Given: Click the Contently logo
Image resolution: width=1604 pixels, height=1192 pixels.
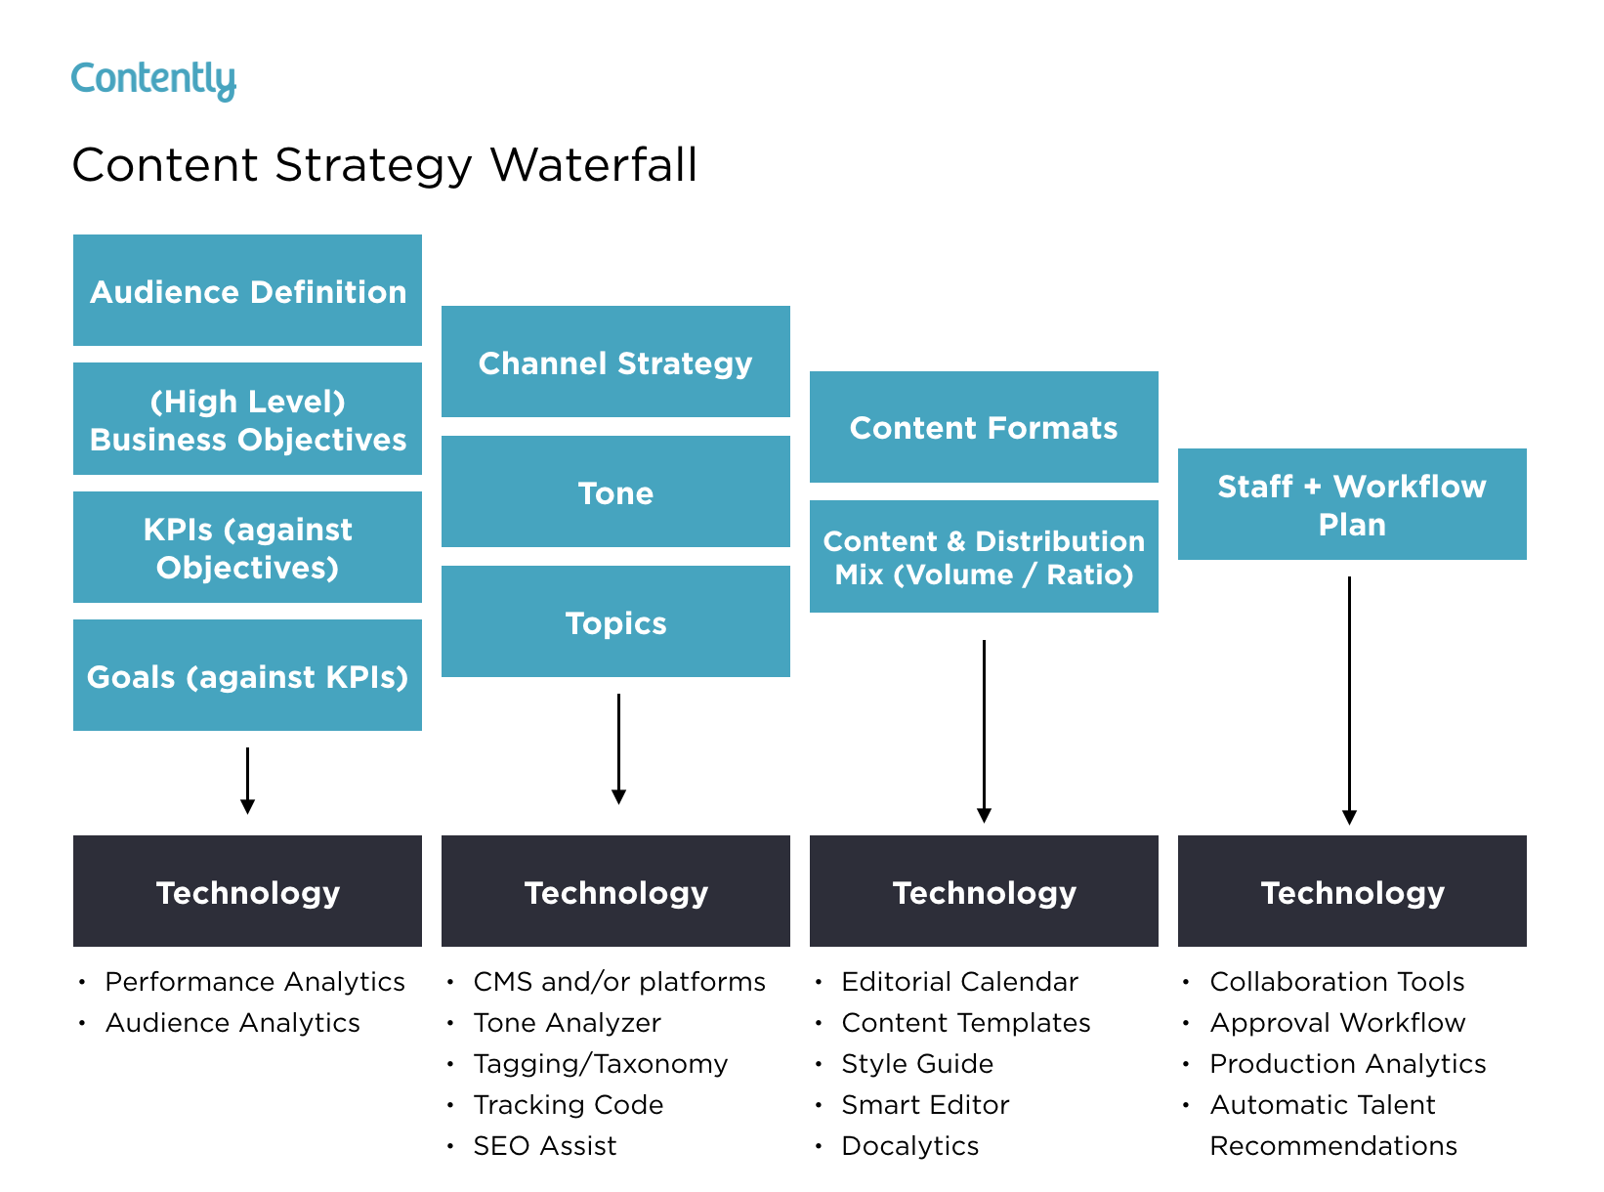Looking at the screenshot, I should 153,80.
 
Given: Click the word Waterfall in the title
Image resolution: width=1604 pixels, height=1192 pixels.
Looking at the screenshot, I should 594,164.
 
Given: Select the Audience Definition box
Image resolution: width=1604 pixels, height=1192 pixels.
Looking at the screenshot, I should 247,290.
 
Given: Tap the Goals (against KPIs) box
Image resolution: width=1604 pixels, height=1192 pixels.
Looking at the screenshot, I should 247,675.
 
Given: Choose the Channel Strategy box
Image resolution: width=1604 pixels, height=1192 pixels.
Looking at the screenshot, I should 615,362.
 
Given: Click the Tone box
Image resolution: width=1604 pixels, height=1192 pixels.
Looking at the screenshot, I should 615,491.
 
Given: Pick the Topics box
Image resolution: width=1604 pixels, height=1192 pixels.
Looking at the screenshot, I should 615,621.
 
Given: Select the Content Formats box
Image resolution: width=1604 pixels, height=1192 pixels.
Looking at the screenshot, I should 984,427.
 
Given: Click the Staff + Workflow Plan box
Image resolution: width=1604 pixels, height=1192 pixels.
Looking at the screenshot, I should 1352,504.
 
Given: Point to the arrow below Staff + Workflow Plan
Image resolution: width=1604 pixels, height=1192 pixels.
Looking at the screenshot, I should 1349,699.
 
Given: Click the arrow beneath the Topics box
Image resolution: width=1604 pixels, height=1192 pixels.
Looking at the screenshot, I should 618,747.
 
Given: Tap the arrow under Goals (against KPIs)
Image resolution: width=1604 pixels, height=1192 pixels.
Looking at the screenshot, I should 247,780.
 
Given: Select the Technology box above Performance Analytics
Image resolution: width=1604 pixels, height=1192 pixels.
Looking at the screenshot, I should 247,891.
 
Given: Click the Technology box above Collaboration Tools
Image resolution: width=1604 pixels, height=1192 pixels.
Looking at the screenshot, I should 1352,891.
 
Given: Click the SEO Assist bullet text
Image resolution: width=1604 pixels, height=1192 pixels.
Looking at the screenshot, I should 544,1145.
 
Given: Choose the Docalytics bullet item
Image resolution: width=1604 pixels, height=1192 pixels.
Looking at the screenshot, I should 909,1145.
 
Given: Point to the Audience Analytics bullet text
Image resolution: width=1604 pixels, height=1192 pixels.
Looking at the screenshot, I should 232,1022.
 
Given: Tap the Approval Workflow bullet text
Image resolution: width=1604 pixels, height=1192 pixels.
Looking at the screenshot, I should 1337,1022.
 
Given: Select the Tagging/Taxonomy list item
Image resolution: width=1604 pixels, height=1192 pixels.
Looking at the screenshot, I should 600,1063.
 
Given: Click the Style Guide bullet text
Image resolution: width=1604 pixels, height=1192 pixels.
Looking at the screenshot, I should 916,1063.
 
